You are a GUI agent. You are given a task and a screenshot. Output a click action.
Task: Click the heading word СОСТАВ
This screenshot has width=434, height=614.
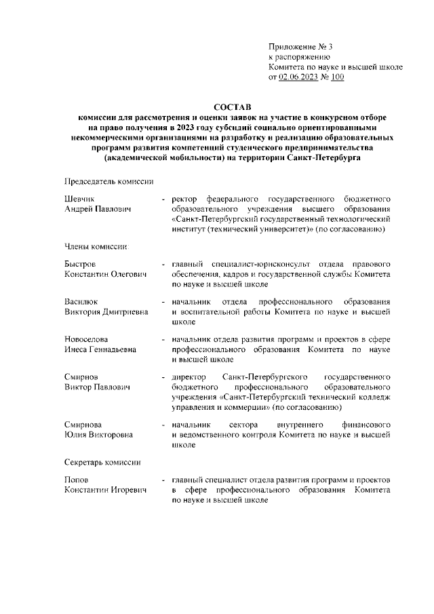click(232, 107)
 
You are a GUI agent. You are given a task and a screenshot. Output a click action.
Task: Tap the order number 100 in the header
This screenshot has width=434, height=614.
click(337, 78)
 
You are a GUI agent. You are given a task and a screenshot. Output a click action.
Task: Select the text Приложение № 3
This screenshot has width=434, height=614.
click(300, 47)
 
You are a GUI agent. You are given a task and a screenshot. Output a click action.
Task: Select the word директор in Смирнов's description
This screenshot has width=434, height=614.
click(189, 377)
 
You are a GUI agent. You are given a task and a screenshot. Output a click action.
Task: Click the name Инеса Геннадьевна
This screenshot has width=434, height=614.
click(100, 349)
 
